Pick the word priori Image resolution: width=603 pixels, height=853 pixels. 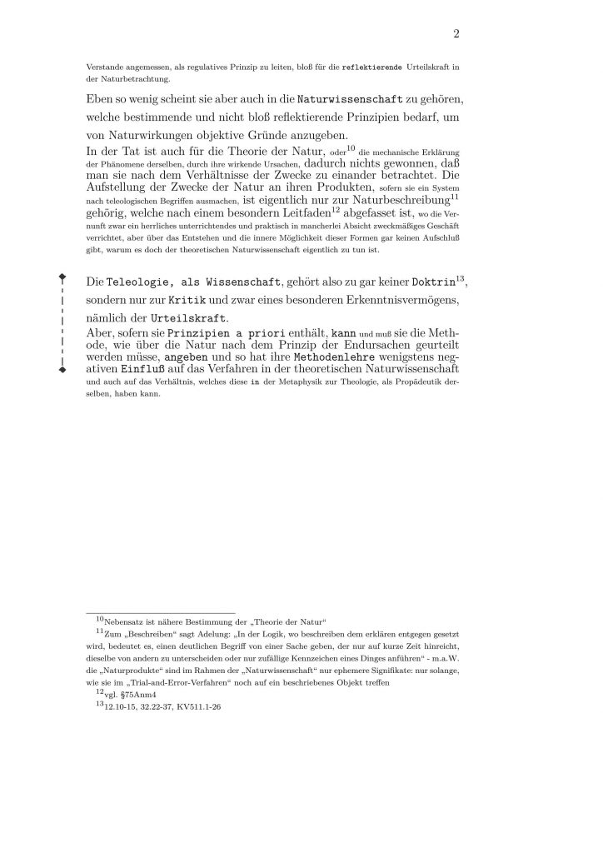(248, 333)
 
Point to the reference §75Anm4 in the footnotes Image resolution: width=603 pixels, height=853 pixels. (142, 694)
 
